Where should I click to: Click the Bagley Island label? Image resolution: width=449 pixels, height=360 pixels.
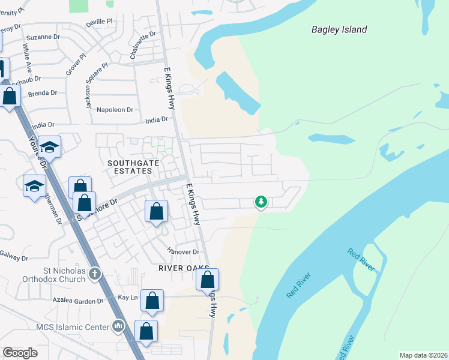pos(339,29)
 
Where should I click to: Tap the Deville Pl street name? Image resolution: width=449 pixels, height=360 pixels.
pos(99,22)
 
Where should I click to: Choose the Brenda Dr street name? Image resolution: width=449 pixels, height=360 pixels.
pos(42,93)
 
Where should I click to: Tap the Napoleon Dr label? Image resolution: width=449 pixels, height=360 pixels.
pos(115,110)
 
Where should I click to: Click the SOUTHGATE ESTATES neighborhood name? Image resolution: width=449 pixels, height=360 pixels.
pos(129,167)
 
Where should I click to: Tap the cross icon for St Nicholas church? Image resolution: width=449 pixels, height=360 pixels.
pos(94,275)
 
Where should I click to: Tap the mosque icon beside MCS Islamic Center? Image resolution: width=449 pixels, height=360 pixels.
pos(118,327)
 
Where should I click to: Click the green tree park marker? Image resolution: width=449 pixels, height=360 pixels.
pos(261,202)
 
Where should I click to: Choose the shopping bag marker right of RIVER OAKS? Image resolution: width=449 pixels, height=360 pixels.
pos(208,280)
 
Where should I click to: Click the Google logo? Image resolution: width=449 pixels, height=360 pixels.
pos(20,353)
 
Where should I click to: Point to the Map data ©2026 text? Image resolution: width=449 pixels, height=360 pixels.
pos(423,355)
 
